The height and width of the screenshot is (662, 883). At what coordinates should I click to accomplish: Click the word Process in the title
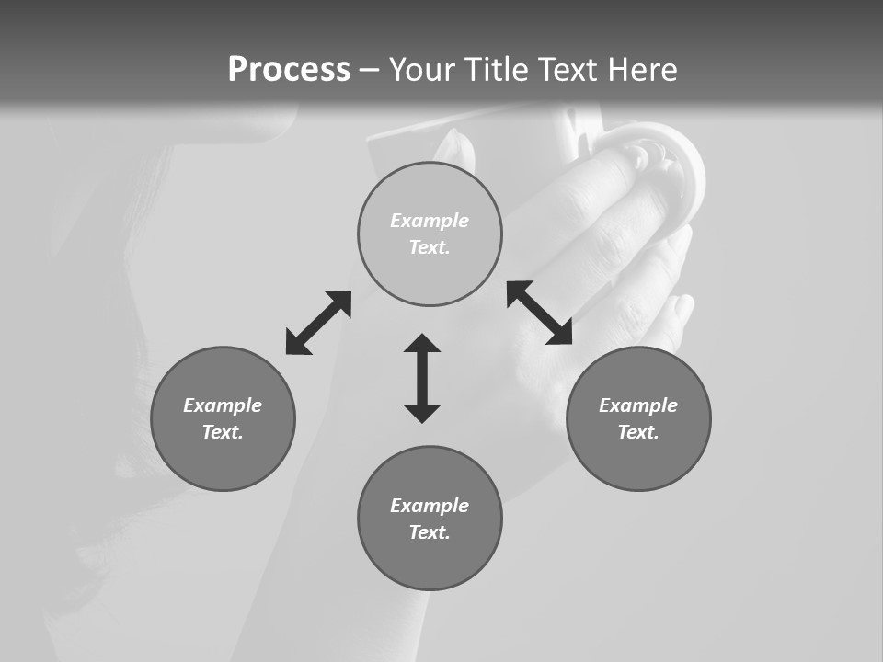pos(289,70)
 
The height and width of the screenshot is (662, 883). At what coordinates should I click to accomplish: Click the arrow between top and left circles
pos(318,323)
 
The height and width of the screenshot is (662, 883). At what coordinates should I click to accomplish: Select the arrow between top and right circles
pos(540,313)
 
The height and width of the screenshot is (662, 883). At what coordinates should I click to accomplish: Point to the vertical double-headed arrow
pos(422,378)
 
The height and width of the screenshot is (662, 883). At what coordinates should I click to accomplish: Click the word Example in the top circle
pos(430,221)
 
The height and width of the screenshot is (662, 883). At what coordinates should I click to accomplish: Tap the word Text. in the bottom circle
pos(430,532)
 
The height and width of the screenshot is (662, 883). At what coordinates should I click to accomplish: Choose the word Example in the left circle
pos(223,405)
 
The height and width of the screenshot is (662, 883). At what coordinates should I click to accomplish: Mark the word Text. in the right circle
pos(638,432)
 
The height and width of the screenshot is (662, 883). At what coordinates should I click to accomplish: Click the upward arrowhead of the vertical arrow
pos(422,343)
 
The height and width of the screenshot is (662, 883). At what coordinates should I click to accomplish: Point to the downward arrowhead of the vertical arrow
pos(422,413)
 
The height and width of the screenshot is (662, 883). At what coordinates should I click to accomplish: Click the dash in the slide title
pos(370,70)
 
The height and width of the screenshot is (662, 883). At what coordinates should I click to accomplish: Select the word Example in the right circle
pos(638,405)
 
